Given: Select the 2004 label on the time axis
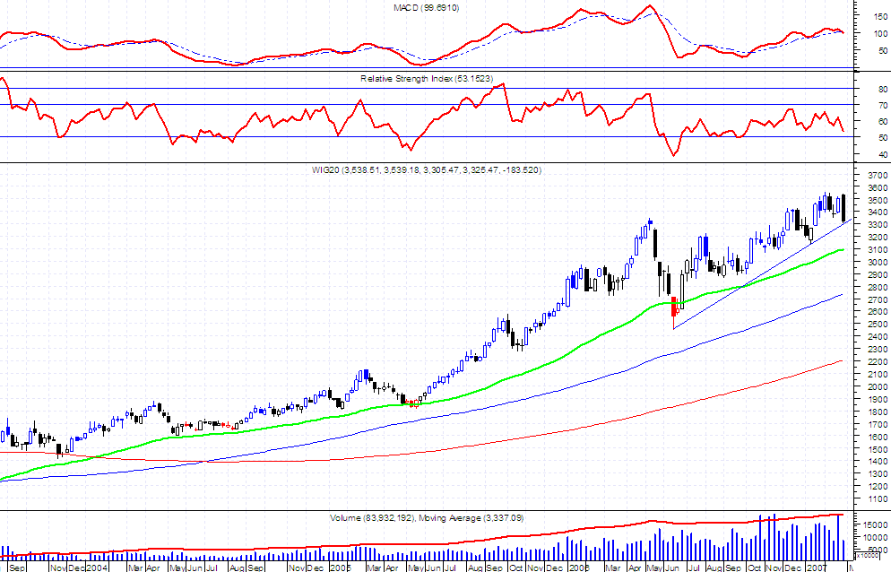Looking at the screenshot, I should (97, 568).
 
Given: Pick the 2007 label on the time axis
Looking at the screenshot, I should (816, 568).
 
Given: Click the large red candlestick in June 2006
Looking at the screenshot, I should (673, 307).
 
